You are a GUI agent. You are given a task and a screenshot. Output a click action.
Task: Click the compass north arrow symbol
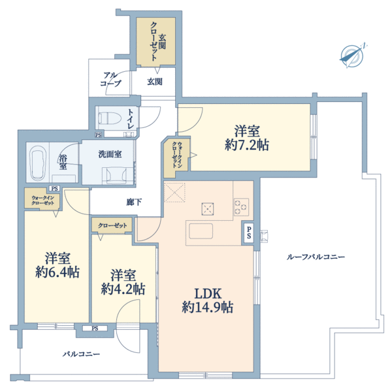[x=353, y=56]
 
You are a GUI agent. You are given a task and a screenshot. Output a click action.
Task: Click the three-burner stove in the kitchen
[x=241, y=207]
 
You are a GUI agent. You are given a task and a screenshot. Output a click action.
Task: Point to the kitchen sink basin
[x=201, y=231]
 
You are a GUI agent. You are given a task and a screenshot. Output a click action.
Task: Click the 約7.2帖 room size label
[x=247, y=145]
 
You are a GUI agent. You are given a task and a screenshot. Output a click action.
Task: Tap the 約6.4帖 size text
[x=57, y=272]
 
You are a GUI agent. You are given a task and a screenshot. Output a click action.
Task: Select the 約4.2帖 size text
[x=123, y=289]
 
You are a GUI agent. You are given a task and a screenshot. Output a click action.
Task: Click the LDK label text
[x=208, y=293]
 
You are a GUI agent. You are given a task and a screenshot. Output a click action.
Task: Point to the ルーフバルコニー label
[x=316, y=257]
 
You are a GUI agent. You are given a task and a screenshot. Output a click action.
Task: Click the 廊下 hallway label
[x=134, y=202]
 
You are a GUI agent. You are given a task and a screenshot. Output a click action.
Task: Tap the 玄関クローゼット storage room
[x=155, y=41]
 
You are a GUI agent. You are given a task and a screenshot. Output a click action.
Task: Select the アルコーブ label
[x=110, y=79]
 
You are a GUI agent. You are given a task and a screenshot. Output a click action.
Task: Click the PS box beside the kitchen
[x=249, y=233]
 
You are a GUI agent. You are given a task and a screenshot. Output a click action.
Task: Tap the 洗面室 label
[x=110, y=154]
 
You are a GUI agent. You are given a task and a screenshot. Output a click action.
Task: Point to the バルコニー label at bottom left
[x=81, y=354]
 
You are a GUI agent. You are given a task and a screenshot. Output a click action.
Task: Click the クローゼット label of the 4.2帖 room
[x=112, y=225]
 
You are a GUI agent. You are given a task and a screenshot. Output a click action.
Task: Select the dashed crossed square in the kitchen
[x=174, y=192]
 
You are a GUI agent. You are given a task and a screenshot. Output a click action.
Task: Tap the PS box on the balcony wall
[x=95, y=328]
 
